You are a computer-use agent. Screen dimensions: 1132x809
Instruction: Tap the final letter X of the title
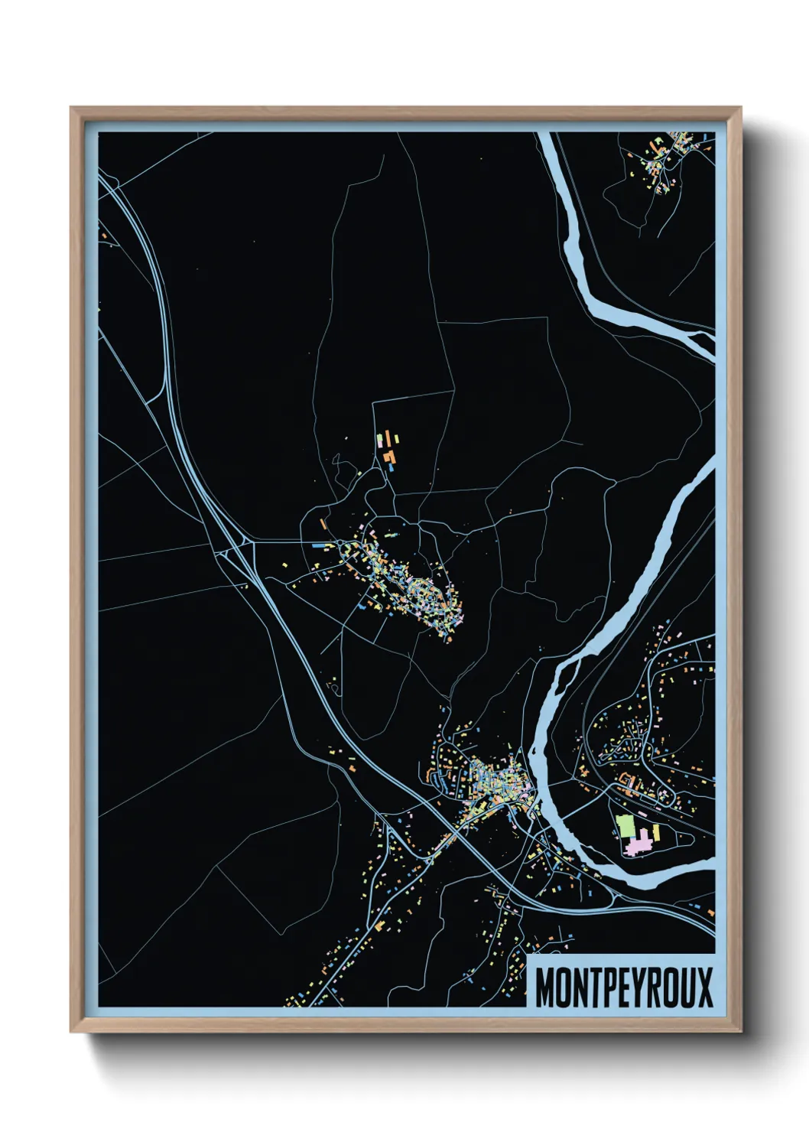(703, 987)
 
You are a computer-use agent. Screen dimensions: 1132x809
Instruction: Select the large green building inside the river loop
(625, 826)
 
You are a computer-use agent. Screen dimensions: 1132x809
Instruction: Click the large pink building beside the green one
(637, 844)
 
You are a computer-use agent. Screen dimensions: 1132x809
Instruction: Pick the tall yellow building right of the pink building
(655, 831)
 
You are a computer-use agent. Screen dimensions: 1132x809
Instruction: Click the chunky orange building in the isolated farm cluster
(390, 457)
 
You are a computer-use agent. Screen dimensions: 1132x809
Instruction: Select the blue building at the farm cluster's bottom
(390, 466)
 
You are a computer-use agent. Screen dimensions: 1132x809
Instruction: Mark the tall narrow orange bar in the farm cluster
(395, 439)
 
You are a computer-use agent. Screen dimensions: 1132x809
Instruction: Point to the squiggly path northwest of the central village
(334, 688)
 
